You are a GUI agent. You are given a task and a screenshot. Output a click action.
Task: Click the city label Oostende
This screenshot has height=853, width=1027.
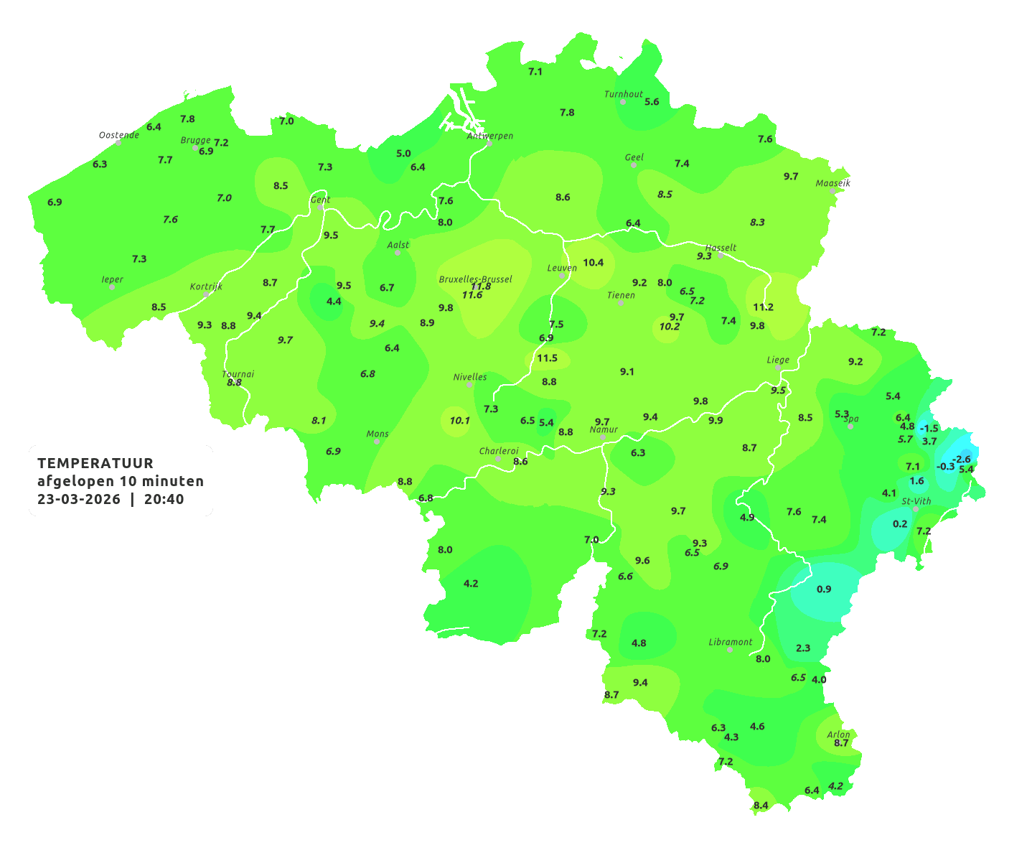(x=119, y=135)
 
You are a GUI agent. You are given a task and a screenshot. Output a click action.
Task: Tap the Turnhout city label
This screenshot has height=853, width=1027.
(x=624, y=94)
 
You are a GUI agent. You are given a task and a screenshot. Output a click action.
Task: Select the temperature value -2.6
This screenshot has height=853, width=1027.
(x=961, y=459)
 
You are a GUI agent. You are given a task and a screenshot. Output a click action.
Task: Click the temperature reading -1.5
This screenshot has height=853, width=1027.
(x=929, y=428)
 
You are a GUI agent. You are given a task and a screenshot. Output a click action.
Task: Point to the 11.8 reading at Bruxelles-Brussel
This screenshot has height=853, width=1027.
(x=481, y=286)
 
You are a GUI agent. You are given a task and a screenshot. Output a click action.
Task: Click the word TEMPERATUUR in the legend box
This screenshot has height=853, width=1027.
(x=95, y=463)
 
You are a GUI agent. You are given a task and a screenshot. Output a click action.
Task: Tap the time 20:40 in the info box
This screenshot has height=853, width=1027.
(x=164, y=499)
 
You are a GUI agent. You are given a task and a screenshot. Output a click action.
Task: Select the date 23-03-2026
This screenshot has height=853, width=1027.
(x=79, y=499)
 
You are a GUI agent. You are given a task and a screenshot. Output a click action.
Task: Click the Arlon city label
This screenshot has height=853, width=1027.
(x=838, y=735)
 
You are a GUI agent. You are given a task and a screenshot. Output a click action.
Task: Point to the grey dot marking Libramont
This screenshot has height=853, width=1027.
(x=730, y=650)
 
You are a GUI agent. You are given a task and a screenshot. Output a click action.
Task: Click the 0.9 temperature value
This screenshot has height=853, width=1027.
(x=824, y=589)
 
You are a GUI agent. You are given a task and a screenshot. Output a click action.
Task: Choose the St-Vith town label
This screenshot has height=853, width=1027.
(x=916, y=501)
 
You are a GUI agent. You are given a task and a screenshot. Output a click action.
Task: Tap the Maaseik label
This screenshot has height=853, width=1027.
(x=833, y=183)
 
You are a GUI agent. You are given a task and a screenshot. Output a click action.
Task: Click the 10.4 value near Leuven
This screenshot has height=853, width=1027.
(x=593, y=262)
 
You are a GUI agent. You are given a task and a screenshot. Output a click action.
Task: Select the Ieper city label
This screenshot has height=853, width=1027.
(x=113, y=279)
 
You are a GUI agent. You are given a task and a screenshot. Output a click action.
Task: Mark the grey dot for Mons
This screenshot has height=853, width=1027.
(x=377, y=442)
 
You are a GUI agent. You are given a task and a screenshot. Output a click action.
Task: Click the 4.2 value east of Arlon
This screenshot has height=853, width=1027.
(x=835, y=786)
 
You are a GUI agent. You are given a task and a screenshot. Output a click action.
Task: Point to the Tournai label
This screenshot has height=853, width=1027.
(x=238, y=374)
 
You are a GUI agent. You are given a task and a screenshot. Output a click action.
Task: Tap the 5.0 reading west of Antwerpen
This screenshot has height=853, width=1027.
(x=404, y=153)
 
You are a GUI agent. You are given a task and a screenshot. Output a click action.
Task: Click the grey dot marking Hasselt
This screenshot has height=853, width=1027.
(x=720, y=255)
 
